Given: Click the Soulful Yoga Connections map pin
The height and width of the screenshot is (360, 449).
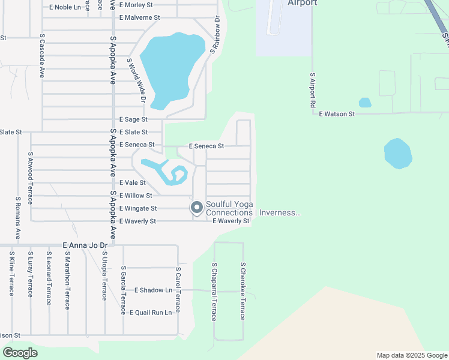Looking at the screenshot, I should (196, 208).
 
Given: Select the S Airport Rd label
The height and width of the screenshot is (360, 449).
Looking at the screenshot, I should (313, 89).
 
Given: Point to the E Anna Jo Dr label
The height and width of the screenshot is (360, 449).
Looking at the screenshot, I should (85, 245).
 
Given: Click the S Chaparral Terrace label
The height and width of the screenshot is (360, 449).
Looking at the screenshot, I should (214, 291).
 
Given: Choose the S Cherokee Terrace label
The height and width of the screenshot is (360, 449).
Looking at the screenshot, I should (243, 291).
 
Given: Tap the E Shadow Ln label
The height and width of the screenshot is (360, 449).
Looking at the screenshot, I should (153, 290).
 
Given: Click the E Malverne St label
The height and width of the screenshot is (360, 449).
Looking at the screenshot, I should (139, 17).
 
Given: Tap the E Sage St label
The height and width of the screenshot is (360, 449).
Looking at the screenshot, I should (133, 119).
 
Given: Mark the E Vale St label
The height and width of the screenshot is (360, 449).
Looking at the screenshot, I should (133, 182).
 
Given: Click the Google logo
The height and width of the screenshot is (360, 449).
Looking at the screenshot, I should (20, 353).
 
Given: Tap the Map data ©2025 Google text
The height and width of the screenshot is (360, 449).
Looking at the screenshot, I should (411, 355).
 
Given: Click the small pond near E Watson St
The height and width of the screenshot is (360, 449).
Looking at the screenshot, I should (365, 103).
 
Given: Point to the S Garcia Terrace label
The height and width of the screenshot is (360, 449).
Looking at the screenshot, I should (123, 286).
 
